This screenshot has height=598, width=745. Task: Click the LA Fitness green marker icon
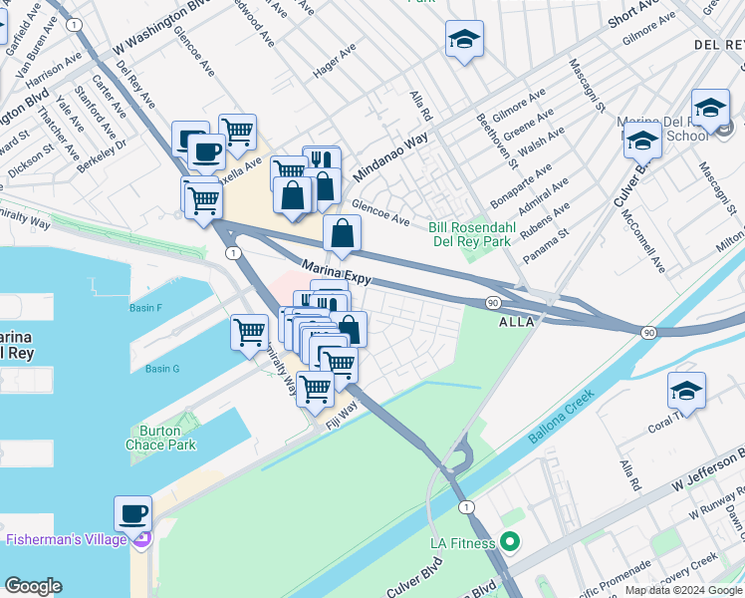pos(510,543)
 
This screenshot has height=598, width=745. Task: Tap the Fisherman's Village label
pos(67,539)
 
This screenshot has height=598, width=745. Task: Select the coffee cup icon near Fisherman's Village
pos(132,514)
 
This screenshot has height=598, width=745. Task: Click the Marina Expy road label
pos(337,272)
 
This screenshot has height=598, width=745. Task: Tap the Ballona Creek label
pos(562,417)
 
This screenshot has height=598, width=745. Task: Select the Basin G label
pos(161,369)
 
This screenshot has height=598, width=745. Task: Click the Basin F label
pos(145,308)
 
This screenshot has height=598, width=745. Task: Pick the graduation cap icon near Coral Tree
pos(686,391)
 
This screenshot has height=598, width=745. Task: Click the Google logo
pos(33,586)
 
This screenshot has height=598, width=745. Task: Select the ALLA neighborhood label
pos(516,322)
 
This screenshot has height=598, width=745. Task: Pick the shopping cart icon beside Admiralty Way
pos(248,333)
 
